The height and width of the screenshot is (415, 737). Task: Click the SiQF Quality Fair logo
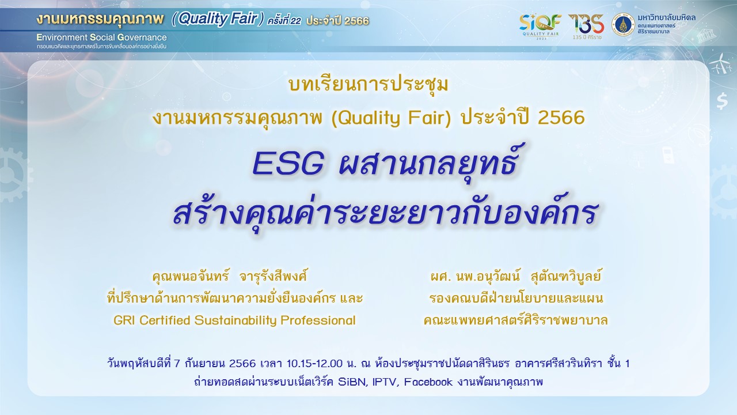(x=540, y=27)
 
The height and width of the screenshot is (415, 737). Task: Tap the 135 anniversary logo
(x=587, y=27)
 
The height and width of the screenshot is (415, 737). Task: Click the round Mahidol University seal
(x=623, y=25)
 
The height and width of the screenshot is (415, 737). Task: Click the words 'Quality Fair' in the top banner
(x=218, y=19)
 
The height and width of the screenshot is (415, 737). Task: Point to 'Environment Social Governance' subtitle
(x=102, y=37)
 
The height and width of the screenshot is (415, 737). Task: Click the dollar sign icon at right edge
(x=722, y=101)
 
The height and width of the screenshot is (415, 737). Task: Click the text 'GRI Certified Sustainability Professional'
(x=234, y=320)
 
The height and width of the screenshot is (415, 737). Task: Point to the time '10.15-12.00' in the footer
(x=314, y=364)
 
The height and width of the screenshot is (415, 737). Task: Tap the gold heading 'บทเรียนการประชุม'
(x=368, y=85)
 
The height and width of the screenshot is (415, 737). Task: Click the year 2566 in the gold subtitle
(x=561, y=118)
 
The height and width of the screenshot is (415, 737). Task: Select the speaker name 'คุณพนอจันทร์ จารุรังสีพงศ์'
(x=230, y=276)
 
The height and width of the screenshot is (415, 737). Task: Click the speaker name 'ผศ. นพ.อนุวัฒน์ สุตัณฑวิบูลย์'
(x=515, y=276)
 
